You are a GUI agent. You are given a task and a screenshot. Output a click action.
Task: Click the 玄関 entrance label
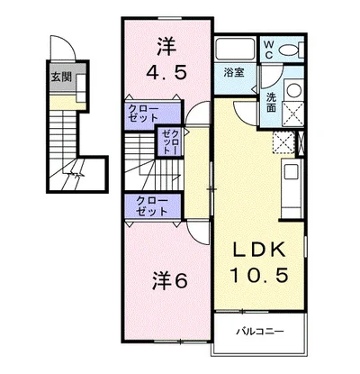click(x=61, y=78)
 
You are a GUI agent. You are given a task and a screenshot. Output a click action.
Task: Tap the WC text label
click(x=269, y=50)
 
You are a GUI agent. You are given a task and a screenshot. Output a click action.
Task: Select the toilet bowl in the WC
click(x=289, y=50)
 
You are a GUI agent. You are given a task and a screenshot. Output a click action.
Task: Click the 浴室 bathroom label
click(x=234, y=73)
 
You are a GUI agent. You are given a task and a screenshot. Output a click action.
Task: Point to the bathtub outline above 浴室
click(x=235, y=49)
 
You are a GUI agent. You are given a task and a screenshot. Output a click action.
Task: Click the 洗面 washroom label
click(x=271, y=102)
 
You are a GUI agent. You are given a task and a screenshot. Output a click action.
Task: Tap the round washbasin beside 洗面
click(x=293, y=89)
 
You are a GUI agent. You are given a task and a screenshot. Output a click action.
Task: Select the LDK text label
click(x=259, y=251)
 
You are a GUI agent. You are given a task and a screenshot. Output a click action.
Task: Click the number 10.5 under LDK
click(x=259, y=275)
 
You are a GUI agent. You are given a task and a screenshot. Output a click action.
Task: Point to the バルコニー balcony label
click(x=260, y=332)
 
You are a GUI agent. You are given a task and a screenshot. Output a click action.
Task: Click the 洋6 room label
click(x=170, y=281)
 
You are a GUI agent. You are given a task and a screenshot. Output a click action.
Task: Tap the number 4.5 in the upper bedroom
click(x=166, y=72)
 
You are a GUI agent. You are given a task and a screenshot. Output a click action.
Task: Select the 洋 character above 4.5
click(x=166, y=46)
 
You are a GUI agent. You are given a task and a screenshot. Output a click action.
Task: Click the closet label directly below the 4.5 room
click(x=143, y=113)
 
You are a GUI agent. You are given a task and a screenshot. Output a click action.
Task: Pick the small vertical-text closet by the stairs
click(x=170, y=141)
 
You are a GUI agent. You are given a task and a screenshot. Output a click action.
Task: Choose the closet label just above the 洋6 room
click(x=151, y=206)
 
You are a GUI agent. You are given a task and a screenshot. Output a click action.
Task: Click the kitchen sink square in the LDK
click(x=291, y=172)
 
